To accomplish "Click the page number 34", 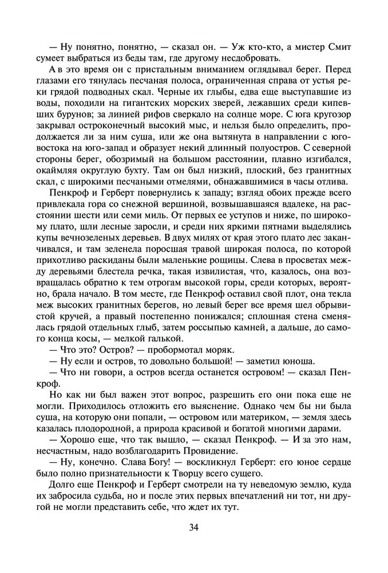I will [194, 527].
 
